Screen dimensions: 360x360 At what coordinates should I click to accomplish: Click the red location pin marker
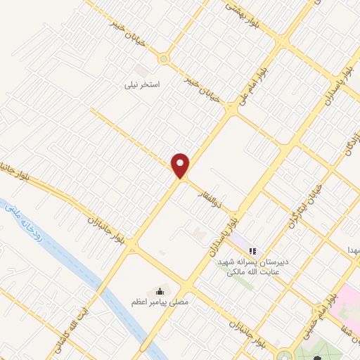pos(181,165)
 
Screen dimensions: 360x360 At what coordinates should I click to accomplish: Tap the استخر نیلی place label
pos(143,84)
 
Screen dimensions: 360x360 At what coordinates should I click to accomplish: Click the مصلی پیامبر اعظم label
pos(166,303)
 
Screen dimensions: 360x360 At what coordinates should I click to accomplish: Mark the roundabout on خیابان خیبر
pos(165,58)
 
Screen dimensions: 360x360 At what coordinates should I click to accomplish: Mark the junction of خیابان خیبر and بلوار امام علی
pos(231,109)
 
